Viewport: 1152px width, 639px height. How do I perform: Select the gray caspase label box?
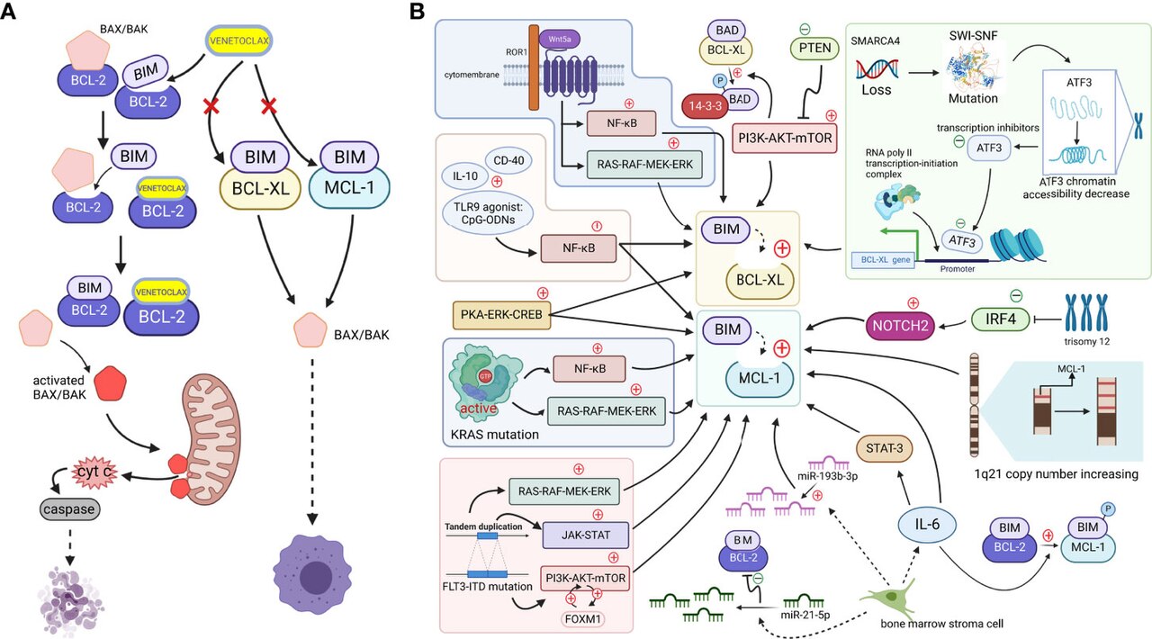point(69,509)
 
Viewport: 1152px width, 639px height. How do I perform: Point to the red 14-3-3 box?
point(705,106)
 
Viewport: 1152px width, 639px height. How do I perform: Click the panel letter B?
point(417,12)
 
